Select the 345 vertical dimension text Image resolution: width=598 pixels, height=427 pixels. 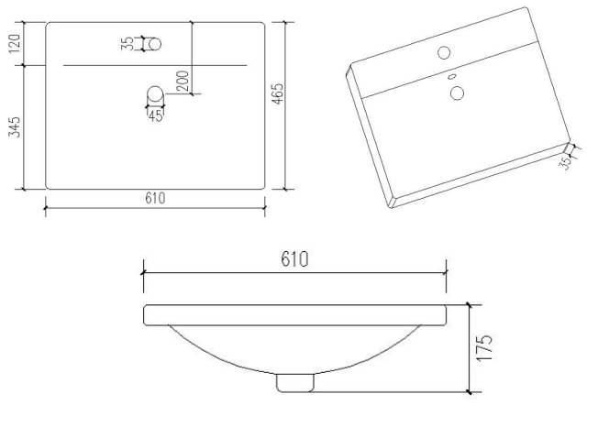coord(14,126)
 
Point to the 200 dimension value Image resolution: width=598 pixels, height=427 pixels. coord(184,81)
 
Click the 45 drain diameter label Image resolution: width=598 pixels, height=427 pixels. coord(155,115)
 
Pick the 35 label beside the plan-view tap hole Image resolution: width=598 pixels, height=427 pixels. coord(127,43)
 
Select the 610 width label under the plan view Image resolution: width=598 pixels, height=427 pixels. coord(155,200)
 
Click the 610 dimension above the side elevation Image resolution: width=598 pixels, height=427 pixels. coord(294,259)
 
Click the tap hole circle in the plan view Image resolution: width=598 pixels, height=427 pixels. coord(154,43)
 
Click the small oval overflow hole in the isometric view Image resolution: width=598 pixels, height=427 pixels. coord(452,78)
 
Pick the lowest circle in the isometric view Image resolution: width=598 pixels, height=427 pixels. coord(458,92)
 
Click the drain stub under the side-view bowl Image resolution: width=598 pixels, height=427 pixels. coord(294,381)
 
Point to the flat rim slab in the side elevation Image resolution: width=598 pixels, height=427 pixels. coord(294,314)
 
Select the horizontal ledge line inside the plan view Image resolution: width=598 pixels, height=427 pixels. coord(155,66)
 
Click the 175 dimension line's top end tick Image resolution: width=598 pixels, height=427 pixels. coord(469,305)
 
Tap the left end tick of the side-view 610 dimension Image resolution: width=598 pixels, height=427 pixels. coord(143,272)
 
